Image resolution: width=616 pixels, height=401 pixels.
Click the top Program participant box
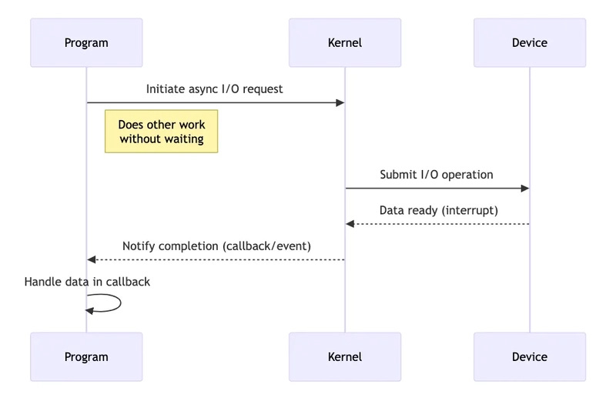[x=86, y=42]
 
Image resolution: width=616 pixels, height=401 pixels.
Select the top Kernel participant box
[x=344, y=42]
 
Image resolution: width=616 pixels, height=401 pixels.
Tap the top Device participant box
[x=529, y=42]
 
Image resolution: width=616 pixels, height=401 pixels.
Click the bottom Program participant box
[x=86, y=356]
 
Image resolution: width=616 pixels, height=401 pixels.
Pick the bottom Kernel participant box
[x=344, y=356]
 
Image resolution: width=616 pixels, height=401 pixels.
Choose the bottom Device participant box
[x=529, y=356]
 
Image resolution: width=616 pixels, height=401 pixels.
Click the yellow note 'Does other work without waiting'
[x=161, y=132]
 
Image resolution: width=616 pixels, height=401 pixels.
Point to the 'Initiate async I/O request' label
[x=214, y=89]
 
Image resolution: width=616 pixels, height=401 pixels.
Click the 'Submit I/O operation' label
[x=436, y=175]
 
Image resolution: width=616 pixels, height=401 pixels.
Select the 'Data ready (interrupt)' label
[x=438, y=210]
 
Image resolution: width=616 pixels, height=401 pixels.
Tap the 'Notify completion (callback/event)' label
[x=216, y=246]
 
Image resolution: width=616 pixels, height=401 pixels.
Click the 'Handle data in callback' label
[x=87, y=282]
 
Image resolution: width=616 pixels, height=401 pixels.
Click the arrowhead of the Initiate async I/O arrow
[x=339, y=102]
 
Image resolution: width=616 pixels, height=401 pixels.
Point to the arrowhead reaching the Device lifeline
[x=524, y=188]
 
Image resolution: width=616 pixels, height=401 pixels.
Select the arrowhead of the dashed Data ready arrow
[x=350, y=224]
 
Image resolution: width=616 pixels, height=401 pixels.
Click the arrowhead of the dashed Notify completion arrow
[x=92, y=259]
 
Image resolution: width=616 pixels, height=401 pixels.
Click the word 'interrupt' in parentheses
[x=470, y=210]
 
